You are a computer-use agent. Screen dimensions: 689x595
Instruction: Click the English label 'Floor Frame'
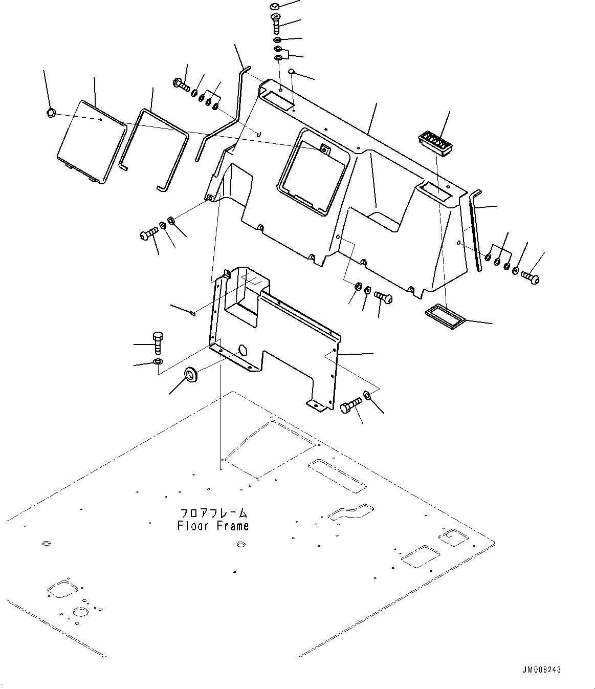[x=213, y=526]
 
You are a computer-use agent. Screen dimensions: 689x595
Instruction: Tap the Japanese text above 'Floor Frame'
[x=213, y=513]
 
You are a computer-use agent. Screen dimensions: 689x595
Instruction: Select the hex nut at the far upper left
[x=50, y=112]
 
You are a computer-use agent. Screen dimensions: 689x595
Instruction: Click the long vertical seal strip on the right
[x=475, y=230]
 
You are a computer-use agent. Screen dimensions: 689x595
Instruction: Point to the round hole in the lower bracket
[x=242, y=351]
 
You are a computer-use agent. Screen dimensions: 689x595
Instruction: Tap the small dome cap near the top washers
[x=291, y=71]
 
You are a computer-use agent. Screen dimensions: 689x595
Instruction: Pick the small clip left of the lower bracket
[x=191, y=314]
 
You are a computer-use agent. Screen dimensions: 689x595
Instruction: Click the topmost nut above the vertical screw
[x=274, y=6]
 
